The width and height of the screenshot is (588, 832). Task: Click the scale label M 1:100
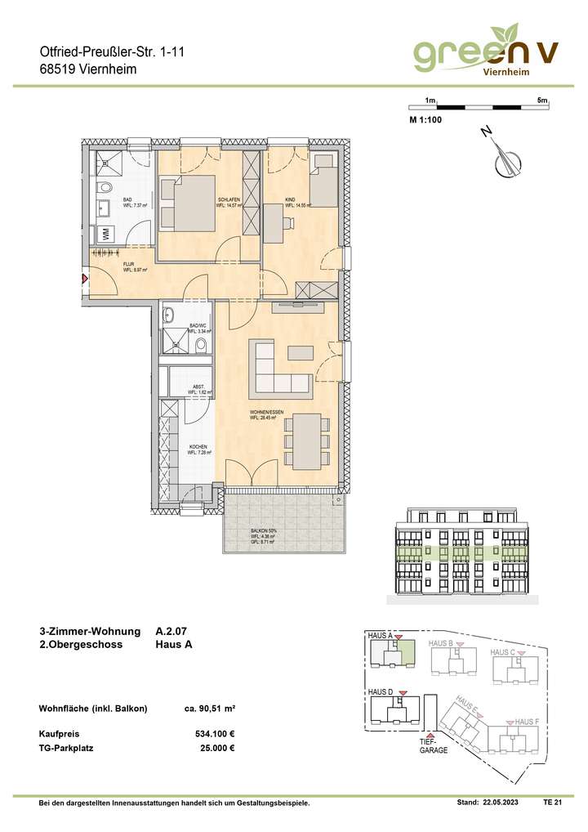(x=425, y=120)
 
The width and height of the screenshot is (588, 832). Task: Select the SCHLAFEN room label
(x=227, y=203)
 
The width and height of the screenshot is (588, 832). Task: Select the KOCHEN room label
(x=198, y=450)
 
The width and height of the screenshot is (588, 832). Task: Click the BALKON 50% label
(x=263, y=532)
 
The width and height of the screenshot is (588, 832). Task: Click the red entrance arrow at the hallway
(x=84, y=280)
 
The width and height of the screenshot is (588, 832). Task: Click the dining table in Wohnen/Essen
(x=307, y=441)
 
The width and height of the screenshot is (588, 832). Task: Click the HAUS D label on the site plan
(x=381, y=692)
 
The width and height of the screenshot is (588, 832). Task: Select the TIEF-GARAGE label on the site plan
(x=434, y=745)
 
